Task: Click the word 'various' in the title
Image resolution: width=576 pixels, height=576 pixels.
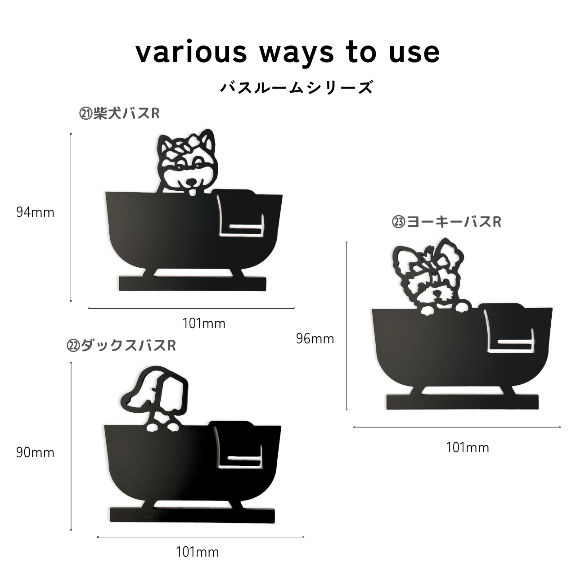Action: pyautogui.click(x=191, y=53)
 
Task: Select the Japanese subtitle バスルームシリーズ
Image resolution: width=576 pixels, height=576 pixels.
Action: pyautogui.click(x=297, y=87)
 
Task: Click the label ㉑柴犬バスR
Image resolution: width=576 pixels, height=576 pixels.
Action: pyautogui.click(x=119, y=113)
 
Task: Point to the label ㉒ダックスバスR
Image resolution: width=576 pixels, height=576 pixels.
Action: pyautogui.click(x=121, y=346)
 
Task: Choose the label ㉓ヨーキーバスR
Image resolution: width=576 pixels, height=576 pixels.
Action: pyautogui.click(x=446, y=222)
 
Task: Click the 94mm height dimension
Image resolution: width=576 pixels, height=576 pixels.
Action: pyautogui.click(x=35, y=212)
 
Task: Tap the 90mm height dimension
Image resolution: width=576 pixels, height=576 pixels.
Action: pyautogui.click(x=35, y=453)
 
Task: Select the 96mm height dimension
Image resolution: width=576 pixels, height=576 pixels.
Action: pyautogui.click(x=315, y=339)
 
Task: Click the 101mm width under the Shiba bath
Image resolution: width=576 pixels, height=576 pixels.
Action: pyautogui.click(x=204, y=324)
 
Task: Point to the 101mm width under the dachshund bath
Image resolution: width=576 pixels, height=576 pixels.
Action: pyautogui.click(x=197, y=553)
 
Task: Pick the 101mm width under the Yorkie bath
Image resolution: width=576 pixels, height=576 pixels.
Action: pyautogui.click(x=468, y=448)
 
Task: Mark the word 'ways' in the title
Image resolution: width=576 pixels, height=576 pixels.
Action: pyautogui.click(x=297, y=55)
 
